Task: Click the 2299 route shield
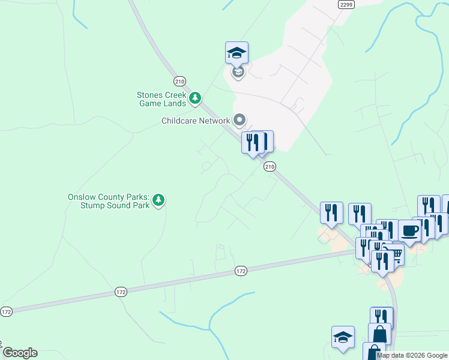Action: [346, 4]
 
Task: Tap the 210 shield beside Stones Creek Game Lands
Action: [180, 81]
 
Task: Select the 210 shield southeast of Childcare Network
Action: [270, 167]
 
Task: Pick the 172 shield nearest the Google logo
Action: [6, 312]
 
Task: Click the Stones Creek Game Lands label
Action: [161, 99]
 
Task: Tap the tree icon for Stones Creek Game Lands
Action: [194, 98]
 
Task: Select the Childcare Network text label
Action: [196, 121]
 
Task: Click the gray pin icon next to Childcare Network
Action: [240, 120]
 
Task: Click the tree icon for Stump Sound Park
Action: [158, 199]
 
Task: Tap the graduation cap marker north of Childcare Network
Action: [237, 53]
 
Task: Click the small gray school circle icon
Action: [238, 73]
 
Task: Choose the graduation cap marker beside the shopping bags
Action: [343, 337]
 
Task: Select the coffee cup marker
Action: [410, 231]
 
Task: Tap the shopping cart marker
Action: [394, 254]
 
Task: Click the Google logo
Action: [19, 353]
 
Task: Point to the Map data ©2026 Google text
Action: [412, 355]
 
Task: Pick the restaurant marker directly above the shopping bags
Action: [381, 317]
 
